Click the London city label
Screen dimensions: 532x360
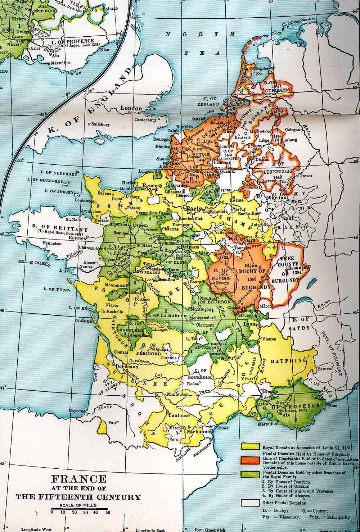pyautogui.click(x=131, y=108)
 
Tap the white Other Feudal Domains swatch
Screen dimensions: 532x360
pyautogui.click(x=250, y=503)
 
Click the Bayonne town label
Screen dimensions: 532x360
pyautogui.click(x=78, y=411)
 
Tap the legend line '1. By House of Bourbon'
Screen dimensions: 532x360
pyautogui.click(x=284, y=481)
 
